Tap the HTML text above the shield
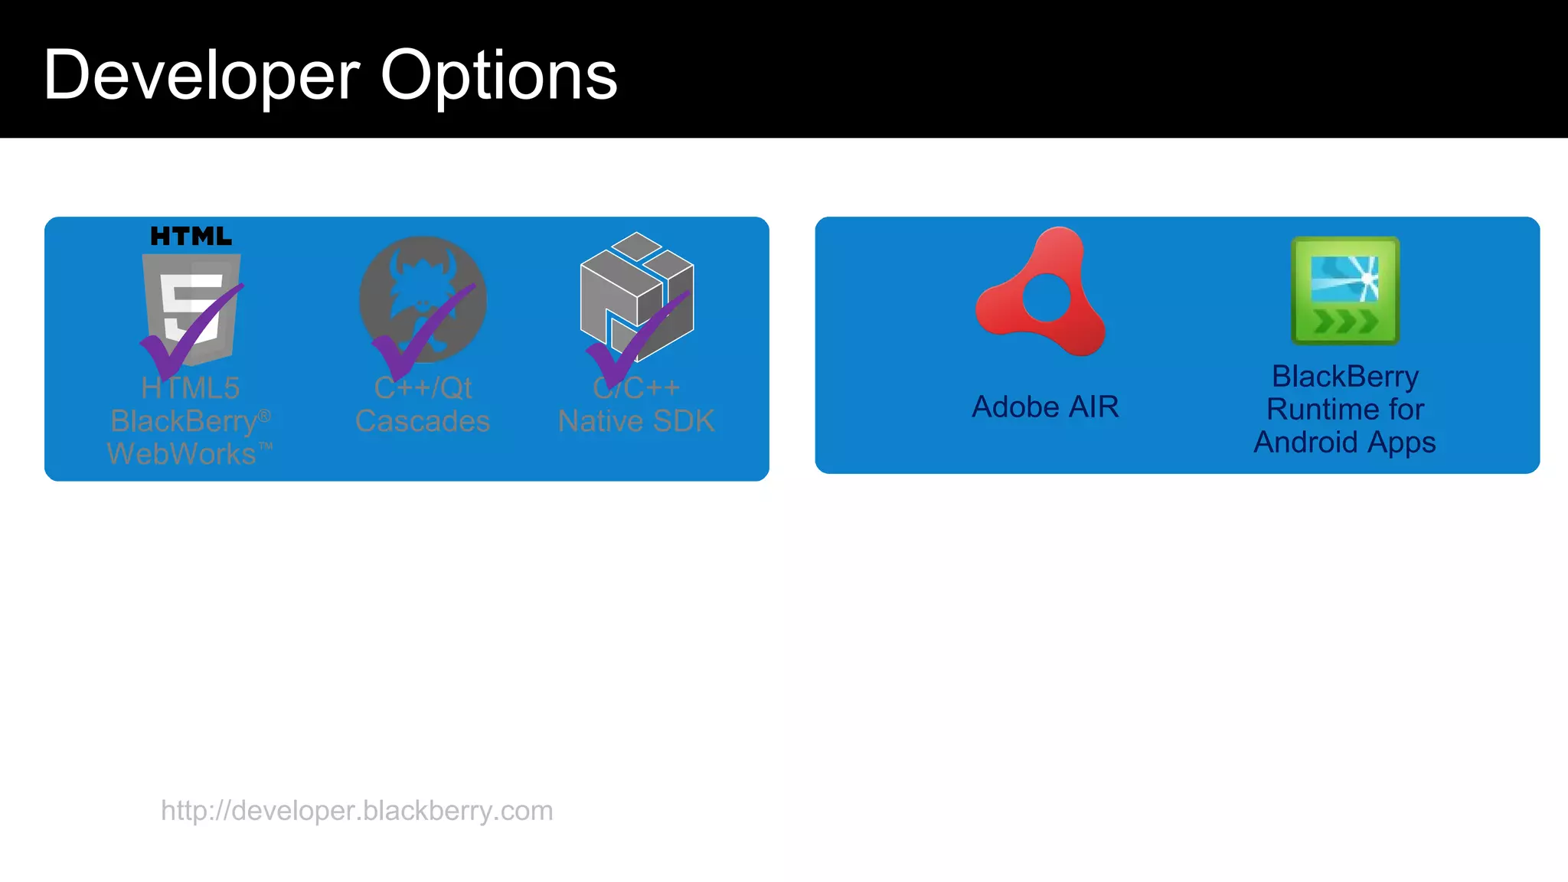pos(191,236)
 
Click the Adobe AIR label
pos(1045,407)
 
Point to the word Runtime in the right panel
pos(1315,410)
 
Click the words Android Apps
pos(1344,443)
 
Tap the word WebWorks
pos(181,454)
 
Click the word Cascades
pos(423,421)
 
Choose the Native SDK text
pos(636,421)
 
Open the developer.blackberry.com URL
pos(357,810)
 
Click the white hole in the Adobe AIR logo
pos(1046,299)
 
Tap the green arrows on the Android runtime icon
pos(1345,322)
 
